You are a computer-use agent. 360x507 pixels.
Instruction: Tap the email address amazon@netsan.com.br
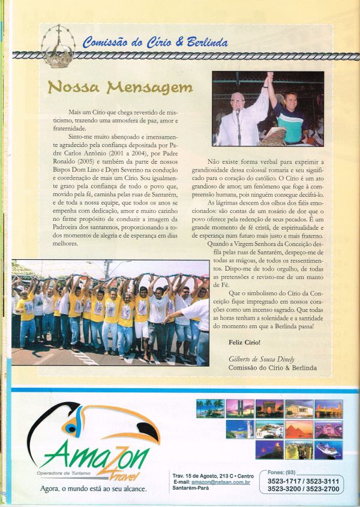click(x=216, y=482)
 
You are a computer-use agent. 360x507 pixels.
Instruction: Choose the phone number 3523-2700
click(x=323, y=490)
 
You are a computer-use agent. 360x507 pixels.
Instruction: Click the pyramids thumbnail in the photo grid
click(x=299, y=429)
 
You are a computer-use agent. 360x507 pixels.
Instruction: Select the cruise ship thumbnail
click(x=328, y=450)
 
